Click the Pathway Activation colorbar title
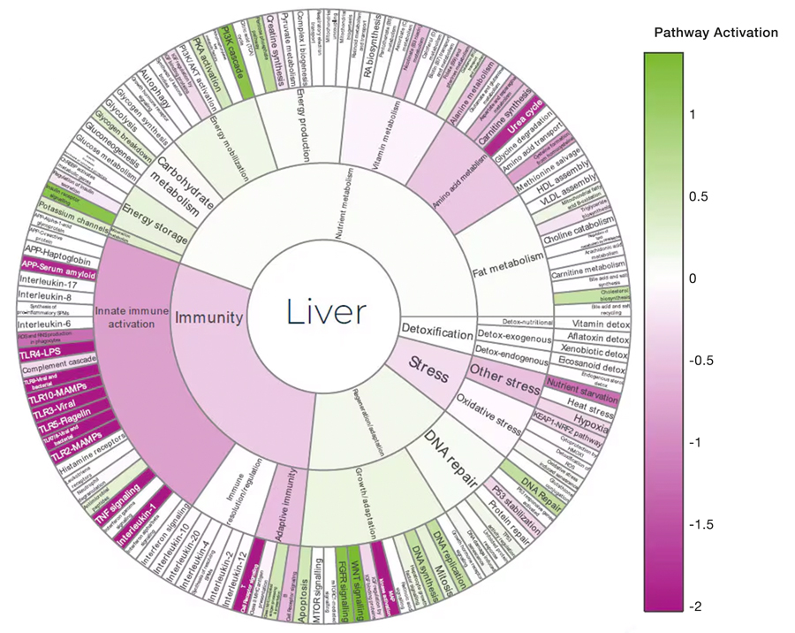715,33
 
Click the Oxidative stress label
487,414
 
